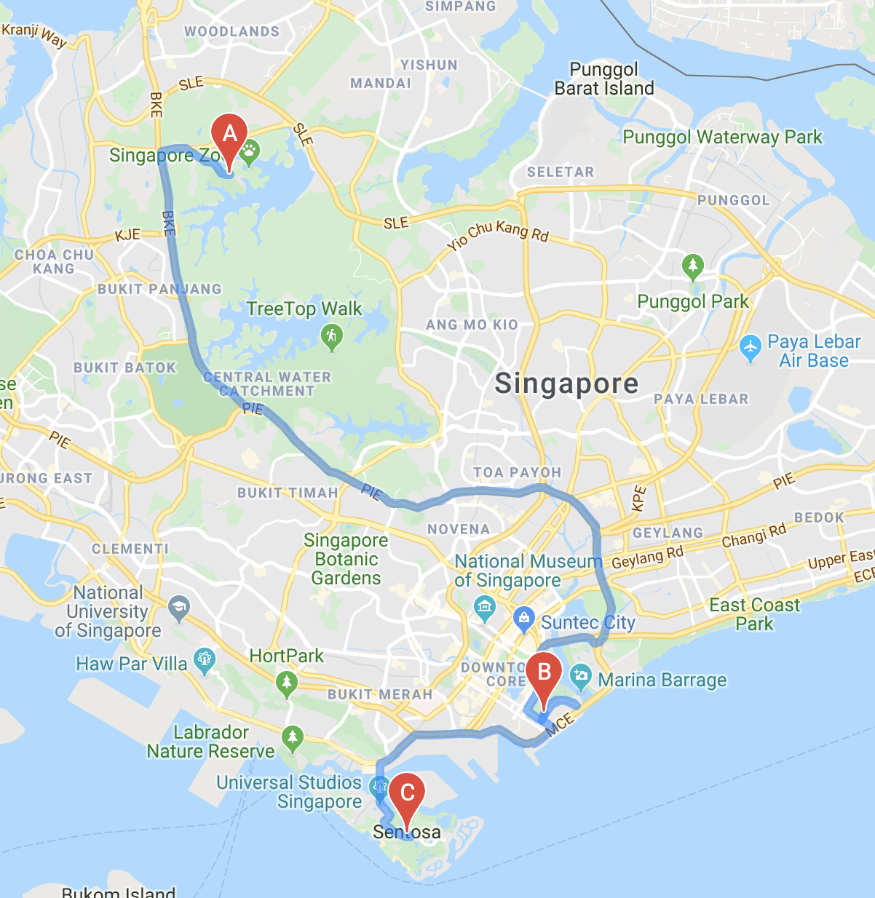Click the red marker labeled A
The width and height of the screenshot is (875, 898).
tap(229, 136)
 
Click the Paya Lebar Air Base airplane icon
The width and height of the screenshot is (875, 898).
tap(750, 348)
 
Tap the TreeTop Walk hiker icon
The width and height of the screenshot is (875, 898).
tap(332, 336)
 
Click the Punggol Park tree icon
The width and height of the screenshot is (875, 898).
tap(693, 266)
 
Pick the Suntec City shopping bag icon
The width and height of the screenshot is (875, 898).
tap(523, 619)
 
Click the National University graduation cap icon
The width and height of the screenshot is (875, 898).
tap(178, 607)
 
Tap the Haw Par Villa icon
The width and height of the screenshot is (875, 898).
tap(205, 659)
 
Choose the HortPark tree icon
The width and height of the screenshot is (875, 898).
tap(287, 683)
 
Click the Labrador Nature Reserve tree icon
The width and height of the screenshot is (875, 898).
tap(293, 738)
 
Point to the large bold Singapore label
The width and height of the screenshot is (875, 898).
tap(566, 384)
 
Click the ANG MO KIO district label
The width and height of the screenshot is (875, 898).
tap(472, 325)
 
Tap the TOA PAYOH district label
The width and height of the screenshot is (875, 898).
tap(517, 472)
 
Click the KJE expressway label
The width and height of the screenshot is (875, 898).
tap(127, 235)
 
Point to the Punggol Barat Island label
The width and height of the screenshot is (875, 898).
tap(604, 79)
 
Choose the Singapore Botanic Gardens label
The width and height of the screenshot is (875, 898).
tap(346, 559)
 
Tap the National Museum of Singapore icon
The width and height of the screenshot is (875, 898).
tap(484, 605)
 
